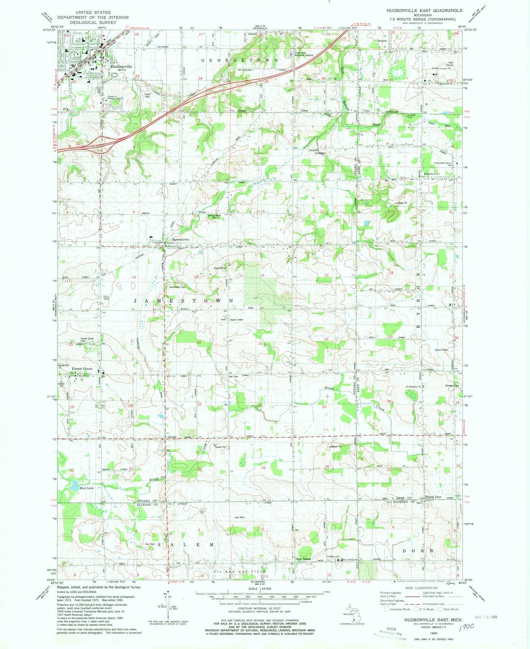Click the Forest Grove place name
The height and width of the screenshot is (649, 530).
click(x=82, y=369)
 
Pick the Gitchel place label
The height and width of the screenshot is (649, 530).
click(x=172, y=437)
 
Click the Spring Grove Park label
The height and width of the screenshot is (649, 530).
click(x=215, y=216)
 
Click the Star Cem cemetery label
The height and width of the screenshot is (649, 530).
click(x=233, y=376)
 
